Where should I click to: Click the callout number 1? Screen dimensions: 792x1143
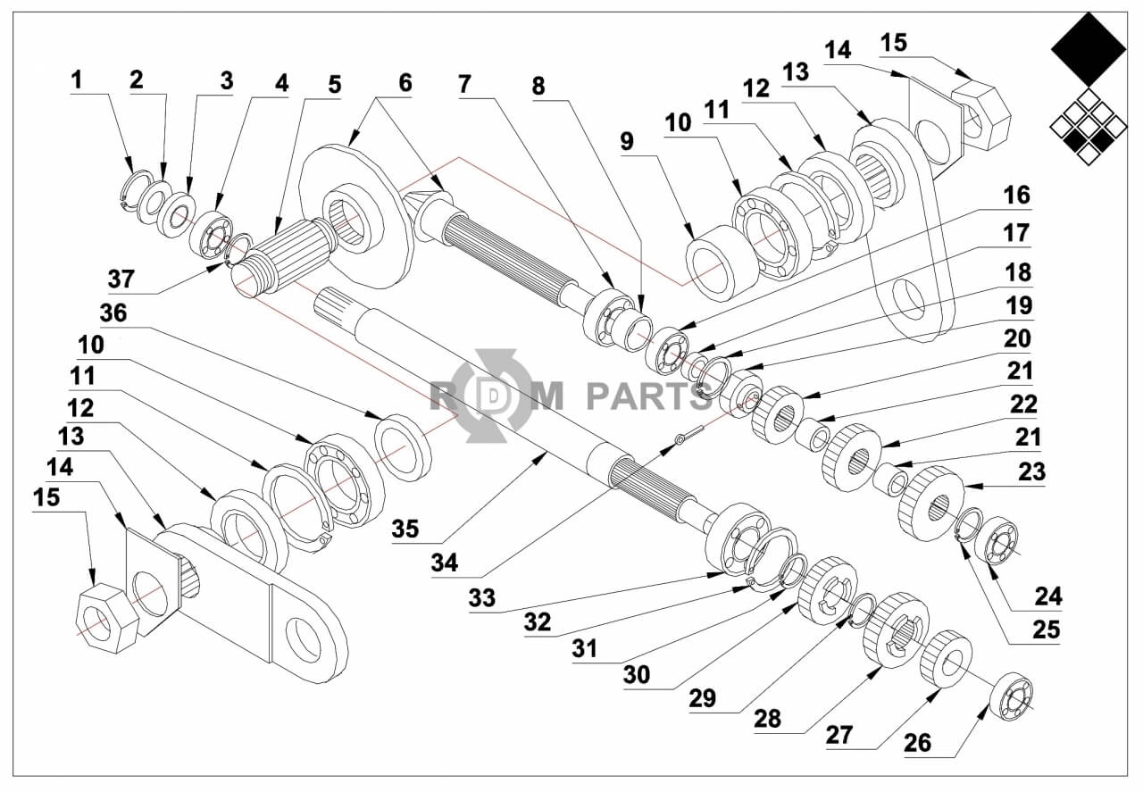(77, 80)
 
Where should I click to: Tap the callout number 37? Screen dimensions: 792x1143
(122, 279)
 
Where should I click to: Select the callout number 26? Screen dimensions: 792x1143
(917, 743)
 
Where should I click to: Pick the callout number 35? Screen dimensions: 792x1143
(405, 528)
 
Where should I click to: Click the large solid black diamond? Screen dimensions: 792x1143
(1088, 50)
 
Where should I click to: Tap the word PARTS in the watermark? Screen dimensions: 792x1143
(648, 394)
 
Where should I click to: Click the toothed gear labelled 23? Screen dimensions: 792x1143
(931, 502)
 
